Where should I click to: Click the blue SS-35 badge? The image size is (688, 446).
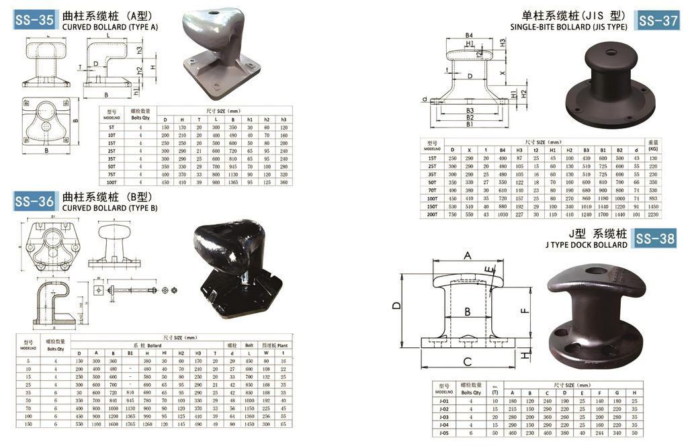(34, 20)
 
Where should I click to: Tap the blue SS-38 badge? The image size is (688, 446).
(655, 238)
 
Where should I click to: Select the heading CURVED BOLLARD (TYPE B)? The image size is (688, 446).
(110, 208)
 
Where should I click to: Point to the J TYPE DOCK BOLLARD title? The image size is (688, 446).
(587, 244)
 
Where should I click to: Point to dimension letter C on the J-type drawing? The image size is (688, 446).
(467, 361)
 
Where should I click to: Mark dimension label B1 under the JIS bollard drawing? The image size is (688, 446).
(470, 124)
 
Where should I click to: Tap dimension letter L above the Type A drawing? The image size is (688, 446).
(107, 34)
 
